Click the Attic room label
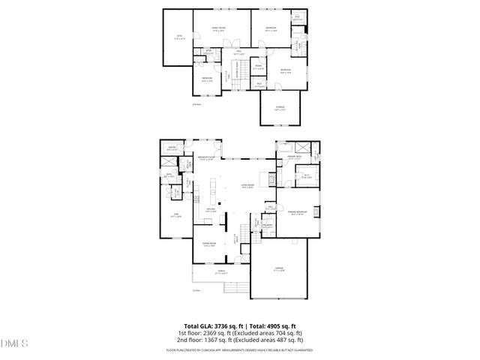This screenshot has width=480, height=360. click(178, 36)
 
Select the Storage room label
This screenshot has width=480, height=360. click(280, 108)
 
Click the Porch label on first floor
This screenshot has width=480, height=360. click(221, 271)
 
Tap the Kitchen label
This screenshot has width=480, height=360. click(212, 210)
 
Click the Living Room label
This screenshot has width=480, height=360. click(247, 185)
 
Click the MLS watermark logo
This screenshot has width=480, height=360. click(14, 343)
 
